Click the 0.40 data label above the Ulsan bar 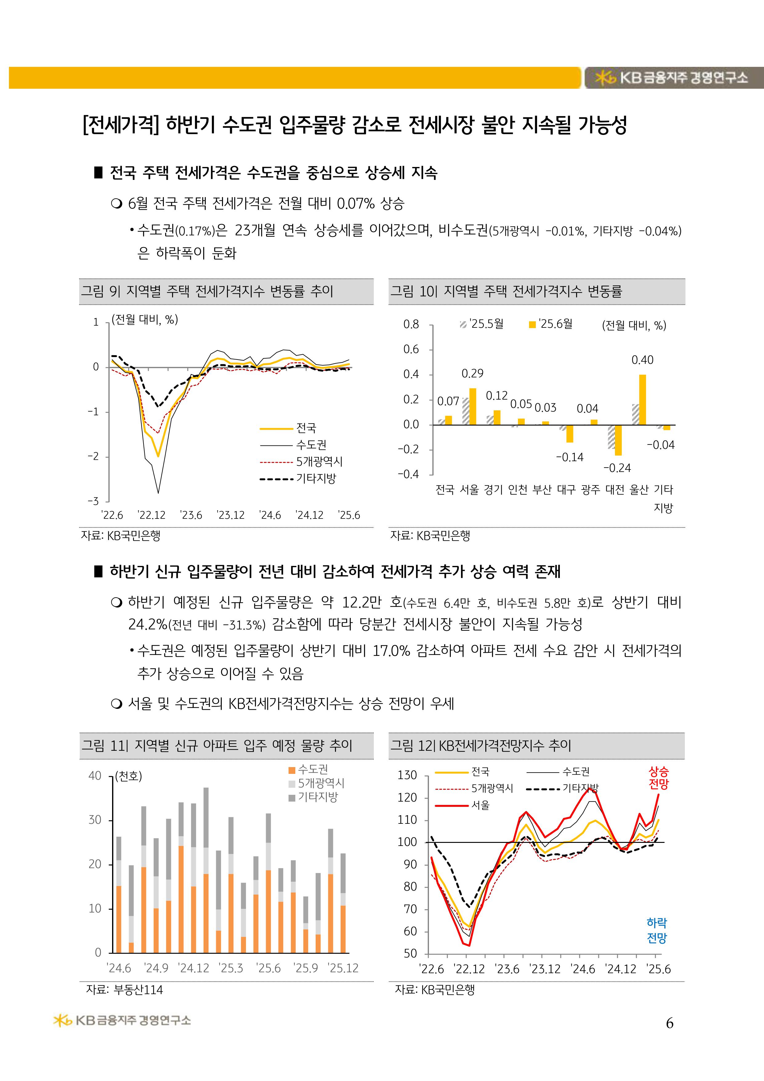click(642, 360)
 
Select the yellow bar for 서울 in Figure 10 click(473, 406)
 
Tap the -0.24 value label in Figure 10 click(617, 468)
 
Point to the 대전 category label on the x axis click(615, 490)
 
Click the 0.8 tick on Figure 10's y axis click(411, 324)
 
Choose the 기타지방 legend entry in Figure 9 click(298, 479)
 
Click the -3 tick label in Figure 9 click(94, 501)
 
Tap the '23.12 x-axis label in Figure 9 click(231, 515)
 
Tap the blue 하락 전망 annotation click(657, 930)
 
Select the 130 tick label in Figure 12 click(407, 775)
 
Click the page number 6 click(669, 1023)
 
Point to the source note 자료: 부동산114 click(124, 990)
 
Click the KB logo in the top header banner click(671, 78)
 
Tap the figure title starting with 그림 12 click(480, 745)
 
